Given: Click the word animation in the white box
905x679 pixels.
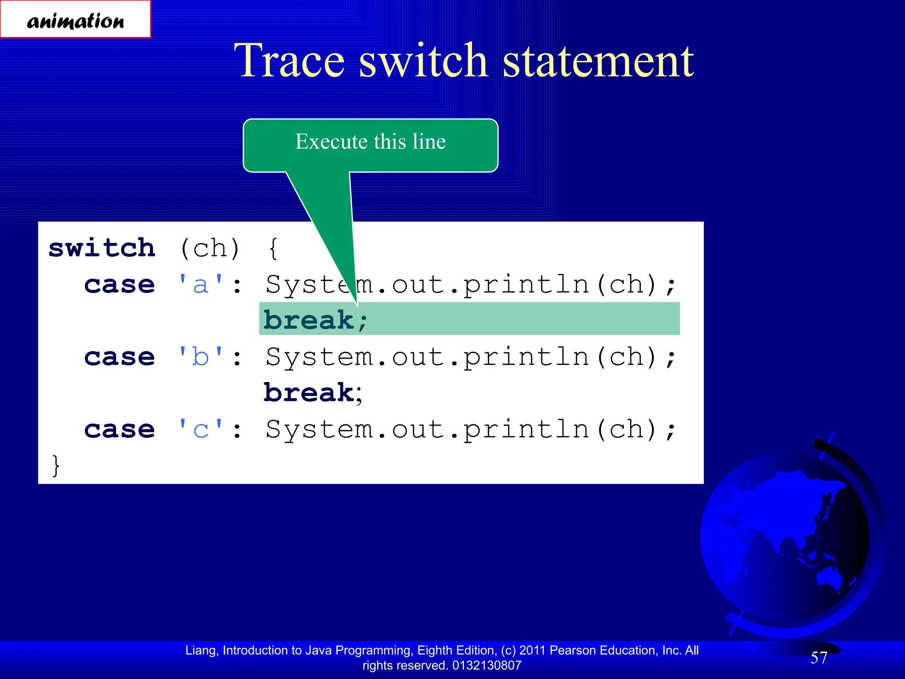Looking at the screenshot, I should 76,21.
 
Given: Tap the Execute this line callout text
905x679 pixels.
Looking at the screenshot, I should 370,141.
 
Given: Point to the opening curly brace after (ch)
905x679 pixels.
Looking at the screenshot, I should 274,248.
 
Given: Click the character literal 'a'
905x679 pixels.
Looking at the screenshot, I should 201,284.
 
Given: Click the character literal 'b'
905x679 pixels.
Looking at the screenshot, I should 201,357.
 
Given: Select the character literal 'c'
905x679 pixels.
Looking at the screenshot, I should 201,429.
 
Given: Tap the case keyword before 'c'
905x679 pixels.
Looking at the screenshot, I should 120,429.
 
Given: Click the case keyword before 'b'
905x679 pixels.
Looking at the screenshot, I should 120,357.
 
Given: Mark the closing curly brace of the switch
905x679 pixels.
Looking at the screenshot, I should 56,465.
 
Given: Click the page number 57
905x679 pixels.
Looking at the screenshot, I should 818,658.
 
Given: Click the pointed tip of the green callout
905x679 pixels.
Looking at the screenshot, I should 357,305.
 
